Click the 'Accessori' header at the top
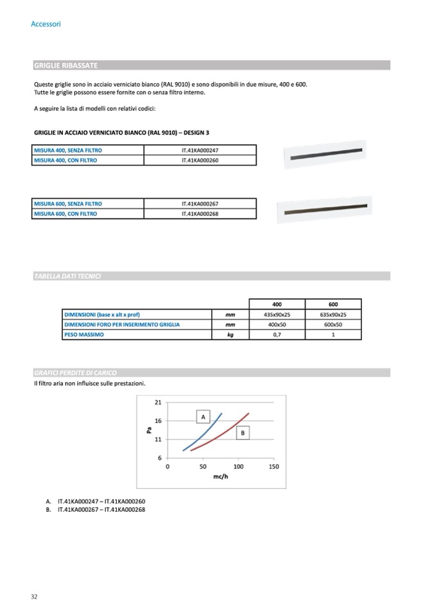pos(46,24)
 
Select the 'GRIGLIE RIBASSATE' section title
pos(65,65)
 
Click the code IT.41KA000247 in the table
pos(200,150)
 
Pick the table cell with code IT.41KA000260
pos(200,160)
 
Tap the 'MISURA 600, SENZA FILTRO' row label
pos(67,203)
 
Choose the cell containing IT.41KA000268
pos(200,214)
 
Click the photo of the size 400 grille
pos(327,156)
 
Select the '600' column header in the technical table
pos(334,304)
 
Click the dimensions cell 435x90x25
pos(277,314)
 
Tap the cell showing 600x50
pos(334,324)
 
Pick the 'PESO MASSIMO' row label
pos(84,335)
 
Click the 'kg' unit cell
pos(230,335)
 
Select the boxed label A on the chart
pos(203,417)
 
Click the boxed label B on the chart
pos(243,434)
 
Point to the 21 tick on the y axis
pos(158,402)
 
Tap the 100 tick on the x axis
pos(239,467)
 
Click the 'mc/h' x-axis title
pos(221,477)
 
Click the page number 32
pos(35,596)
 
